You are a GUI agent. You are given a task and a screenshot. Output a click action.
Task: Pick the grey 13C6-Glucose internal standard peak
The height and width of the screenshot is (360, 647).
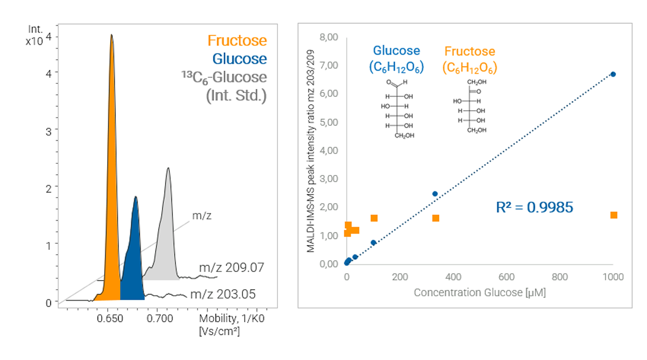click(166, 238)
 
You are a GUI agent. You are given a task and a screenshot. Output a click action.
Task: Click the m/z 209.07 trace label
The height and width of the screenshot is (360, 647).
click(231, 267)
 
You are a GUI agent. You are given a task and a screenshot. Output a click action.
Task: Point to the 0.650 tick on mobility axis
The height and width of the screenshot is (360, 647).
click(110, 319)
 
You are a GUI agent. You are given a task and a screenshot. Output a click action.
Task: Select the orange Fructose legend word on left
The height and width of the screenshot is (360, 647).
click(237, 40)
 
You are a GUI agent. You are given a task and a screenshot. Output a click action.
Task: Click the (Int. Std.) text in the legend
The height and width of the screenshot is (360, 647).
click(236, 96)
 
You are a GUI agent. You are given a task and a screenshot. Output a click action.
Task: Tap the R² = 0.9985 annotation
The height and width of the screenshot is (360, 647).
click(535, 207)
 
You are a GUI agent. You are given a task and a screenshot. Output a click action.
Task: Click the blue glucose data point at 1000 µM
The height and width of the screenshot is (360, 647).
click(613, 74)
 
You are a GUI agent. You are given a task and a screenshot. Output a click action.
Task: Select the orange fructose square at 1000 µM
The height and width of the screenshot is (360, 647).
click(614, 215)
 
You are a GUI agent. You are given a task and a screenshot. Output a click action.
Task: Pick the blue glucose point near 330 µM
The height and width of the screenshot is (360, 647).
click(435, 194)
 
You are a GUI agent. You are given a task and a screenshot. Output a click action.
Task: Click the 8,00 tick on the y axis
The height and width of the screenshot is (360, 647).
click(329, 37)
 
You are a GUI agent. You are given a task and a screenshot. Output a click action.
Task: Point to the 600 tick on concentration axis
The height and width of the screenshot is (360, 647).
click(506, 277)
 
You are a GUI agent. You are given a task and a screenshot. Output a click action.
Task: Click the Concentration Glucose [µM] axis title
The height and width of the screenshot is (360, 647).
click(480, 292)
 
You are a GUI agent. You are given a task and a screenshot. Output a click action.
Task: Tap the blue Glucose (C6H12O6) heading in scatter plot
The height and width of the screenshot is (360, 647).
click(396, 58)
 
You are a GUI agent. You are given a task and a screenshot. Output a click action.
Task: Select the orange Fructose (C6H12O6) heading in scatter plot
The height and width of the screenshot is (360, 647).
click(470, 59)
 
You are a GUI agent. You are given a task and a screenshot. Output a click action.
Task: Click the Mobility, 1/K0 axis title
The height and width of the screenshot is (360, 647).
click(232, 319)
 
